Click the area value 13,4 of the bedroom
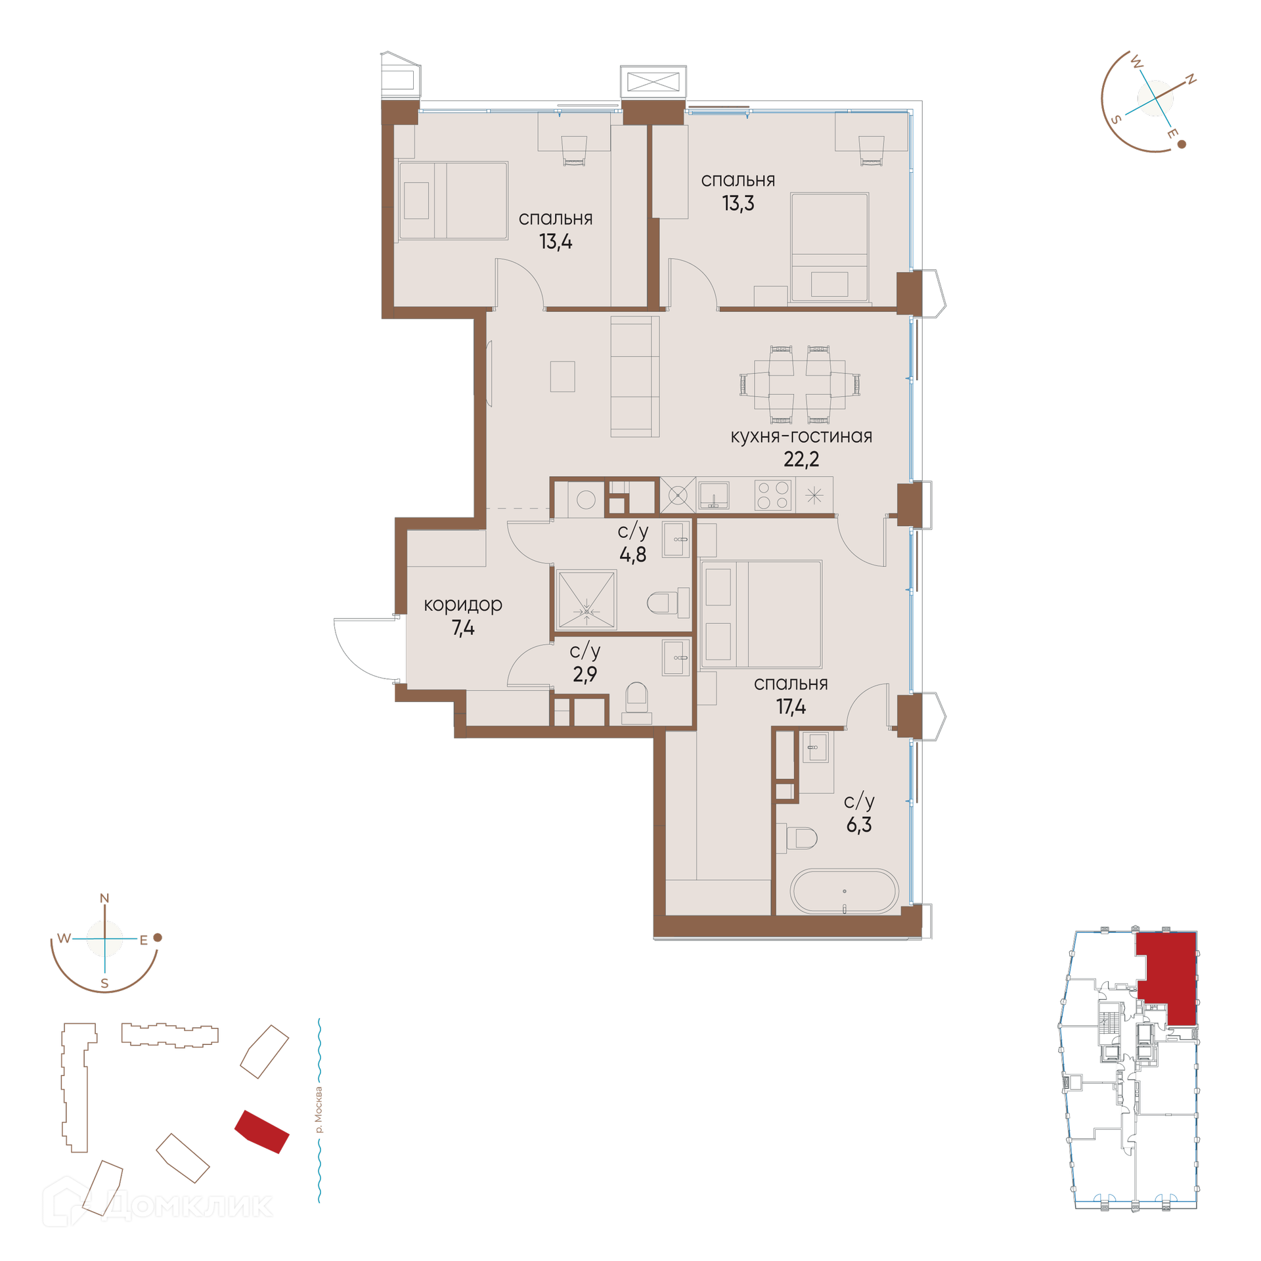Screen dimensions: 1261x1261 556,242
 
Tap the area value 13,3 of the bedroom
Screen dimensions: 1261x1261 738,204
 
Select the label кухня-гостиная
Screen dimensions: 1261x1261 801,436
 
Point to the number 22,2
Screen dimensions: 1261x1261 801,459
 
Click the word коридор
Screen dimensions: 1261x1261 463,605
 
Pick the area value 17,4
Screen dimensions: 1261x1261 791,707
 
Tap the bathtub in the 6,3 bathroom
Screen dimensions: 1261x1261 844,891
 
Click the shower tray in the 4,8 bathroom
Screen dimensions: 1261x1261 586,599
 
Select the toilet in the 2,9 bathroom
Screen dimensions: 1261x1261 636,703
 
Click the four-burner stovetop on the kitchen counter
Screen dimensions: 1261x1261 773,495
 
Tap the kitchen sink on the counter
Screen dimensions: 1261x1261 714,495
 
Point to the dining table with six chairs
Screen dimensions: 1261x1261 799,384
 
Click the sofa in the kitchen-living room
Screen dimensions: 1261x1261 635,376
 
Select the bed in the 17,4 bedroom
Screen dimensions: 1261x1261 761,614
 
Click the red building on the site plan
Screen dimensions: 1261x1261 262,1132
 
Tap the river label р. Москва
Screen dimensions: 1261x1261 319,1110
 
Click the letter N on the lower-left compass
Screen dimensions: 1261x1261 104,898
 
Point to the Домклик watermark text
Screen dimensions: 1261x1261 188,1206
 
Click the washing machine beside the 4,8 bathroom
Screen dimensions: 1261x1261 586,500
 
